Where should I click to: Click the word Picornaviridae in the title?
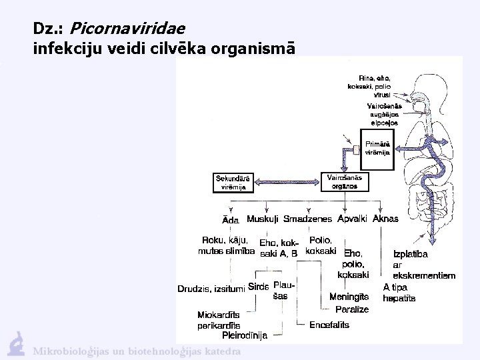(127, 29)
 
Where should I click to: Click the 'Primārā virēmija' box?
(378, 149)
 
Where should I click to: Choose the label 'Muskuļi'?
(263, 219)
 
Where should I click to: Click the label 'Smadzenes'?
(307, 219)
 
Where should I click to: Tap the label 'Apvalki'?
(353, 219)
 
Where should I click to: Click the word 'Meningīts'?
(350, 297)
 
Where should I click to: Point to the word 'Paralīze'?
(352, 309)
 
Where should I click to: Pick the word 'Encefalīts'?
(329, 325)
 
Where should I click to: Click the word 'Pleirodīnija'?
(245, 335)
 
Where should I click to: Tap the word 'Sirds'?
(258, 287)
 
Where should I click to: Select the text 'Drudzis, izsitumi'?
(211, 289)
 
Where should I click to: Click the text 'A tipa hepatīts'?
(399, 293)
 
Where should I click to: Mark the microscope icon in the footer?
(16, 343)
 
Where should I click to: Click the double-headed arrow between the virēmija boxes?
(287, 182)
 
